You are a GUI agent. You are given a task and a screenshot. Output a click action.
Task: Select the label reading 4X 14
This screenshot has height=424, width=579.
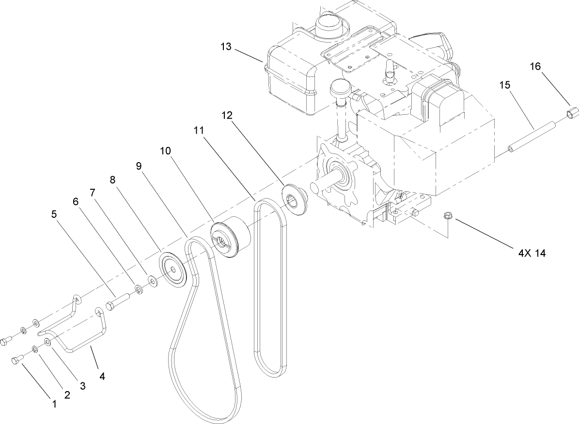click(x=529, y=253)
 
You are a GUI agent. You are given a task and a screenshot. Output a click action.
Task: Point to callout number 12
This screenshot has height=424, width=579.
click(x=227, y=116)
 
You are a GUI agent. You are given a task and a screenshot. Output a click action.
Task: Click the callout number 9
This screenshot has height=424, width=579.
click(x=139, y=166)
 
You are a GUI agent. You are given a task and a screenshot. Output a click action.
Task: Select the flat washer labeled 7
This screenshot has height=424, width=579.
click(x=152, y=280)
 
